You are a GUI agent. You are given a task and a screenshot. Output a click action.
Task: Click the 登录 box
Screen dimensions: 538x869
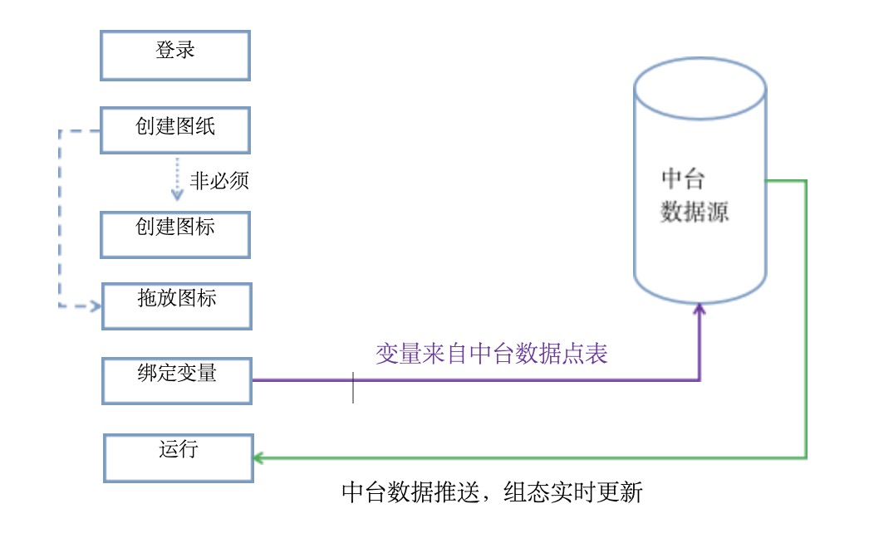[x=175, y=56]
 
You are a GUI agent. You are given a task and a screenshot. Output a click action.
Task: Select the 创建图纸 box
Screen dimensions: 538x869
[x=175, y=130]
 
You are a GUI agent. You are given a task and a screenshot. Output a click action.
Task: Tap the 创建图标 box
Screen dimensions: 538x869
[x=175, y=234]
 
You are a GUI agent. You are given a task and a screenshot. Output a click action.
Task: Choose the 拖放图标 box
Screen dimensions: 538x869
[x=176, y=306]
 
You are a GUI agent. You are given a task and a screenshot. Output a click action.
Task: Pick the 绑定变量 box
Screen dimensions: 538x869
[x=176, y=380]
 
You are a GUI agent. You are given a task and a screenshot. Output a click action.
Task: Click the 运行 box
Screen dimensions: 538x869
[x=178, y=457]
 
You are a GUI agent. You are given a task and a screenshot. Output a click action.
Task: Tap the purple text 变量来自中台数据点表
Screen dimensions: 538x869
[x=492, y=355]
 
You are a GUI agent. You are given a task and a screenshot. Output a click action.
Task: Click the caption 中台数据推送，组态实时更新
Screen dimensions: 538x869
[x=492, y=492]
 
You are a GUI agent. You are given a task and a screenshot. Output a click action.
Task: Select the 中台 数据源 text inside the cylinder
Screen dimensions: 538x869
[x=695, y=196]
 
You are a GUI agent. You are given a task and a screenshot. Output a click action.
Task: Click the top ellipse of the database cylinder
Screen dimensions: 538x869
[x=699, y=87]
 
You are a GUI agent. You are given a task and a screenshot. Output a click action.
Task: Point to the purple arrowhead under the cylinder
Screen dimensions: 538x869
[x=699, y=310]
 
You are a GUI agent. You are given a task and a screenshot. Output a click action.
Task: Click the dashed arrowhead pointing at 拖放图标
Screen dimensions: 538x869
[x=96, y=306]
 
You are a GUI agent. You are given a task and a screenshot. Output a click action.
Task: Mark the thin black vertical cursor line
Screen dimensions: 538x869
[x=353, y=388]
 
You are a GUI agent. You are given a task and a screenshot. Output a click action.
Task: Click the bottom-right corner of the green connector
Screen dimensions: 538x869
[x=806, y=457]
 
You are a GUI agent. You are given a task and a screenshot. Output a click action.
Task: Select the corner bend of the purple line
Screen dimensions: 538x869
[x=699, y=380]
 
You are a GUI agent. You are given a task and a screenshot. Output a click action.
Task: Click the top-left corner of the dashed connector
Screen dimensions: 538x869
[x=60, y=131]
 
